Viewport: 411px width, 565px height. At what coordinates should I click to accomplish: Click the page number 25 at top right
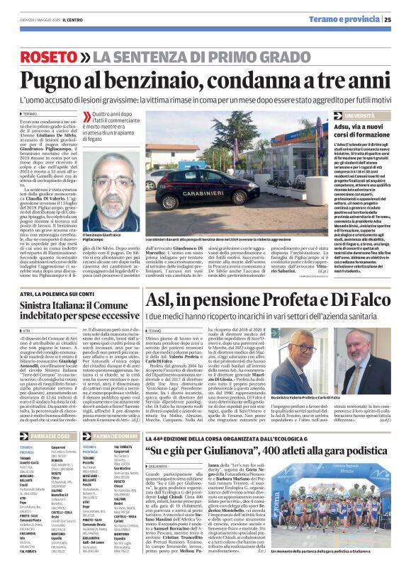tap(403, 19)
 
